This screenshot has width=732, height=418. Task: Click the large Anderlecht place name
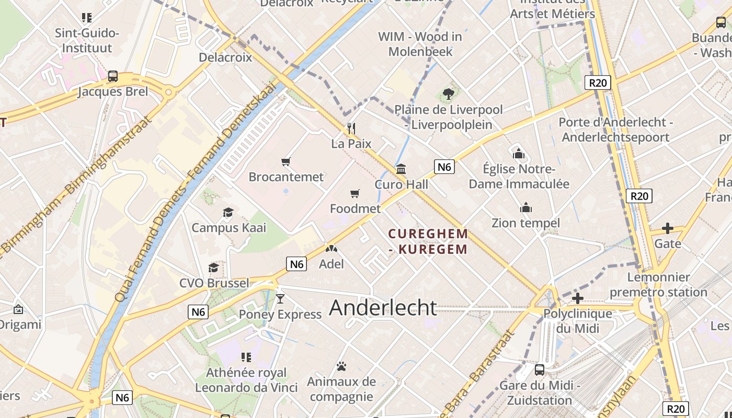pyautogui.click(x=383, y=308)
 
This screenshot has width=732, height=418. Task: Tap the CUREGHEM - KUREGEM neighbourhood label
pyautogui.click(x=428, y=241)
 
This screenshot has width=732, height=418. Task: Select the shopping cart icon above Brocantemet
pyautogui.click(x=285, y=161)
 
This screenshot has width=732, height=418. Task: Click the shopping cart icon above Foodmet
pyautogui.click(x=355, y=194)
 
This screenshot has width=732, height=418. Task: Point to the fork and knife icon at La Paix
pyautogui.click(x=351, y=128)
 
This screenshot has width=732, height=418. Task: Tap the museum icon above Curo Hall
pyautogui.click(x=401, y=169)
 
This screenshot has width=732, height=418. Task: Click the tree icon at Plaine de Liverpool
pyautogui.click(x=448, y=94)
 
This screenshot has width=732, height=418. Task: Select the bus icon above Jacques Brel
pyautogui.click(x=112, y=76)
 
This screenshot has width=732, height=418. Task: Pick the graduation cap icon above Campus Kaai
pyautogui.click(x=228, y=212)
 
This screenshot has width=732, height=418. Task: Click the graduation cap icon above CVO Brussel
pyautogui.click(x=213, y=268)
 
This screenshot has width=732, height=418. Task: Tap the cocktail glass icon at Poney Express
pyautogui.click(x=280, y=298)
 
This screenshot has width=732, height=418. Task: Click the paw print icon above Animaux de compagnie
pyautogui.click(x=341, y=366)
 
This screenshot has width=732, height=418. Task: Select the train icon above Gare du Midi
pyautogui.click(x=539, y=370)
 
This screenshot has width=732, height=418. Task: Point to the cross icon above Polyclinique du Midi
pyautogui.click(x=577, y=298)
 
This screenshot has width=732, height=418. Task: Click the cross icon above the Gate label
pyautogui.click(x=667, y=228)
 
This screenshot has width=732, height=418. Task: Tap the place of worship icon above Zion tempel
pyautogui.click(x=525, y=208)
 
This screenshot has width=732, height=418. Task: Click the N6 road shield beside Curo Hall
pyautogui.click(x=444, y=167)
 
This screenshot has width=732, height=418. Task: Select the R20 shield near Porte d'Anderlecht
pyautogui.click(x=598, y=83)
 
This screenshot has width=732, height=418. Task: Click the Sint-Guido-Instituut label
pyautogui.click(x=87, y=40)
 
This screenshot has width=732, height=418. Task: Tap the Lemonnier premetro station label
pyautogui.click(x=658, y=284)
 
